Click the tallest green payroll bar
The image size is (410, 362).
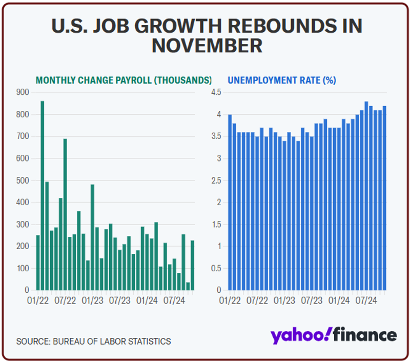[x=42, y=195]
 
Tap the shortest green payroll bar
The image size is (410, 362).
[x=188, y=286]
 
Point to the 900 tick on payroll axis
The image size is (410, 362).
[x=24, y=92]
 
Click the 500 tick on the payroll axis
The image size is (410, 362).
[x=24, y=180]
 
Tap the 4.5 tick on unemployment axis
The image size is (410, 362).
[x=216, y=92]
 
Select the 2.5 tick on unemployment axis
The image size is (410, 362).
[x=216, y=180]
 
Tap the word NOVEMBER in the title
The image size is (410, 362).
[x=207, y=45]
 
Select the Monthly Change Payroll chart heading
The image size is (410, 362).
[x=124, y=81]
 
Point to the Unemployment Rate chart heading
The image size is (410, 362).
[x=282, y=81]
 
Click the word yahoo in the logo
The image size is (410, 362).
[x=300, y=336]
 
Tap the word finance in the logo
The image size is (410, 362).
[x=365, y=335]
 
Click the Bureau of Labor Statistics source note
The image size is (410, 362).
[x=94, y=341]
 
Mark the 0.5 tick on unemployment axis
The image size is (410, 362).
[x=216, y=268]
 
